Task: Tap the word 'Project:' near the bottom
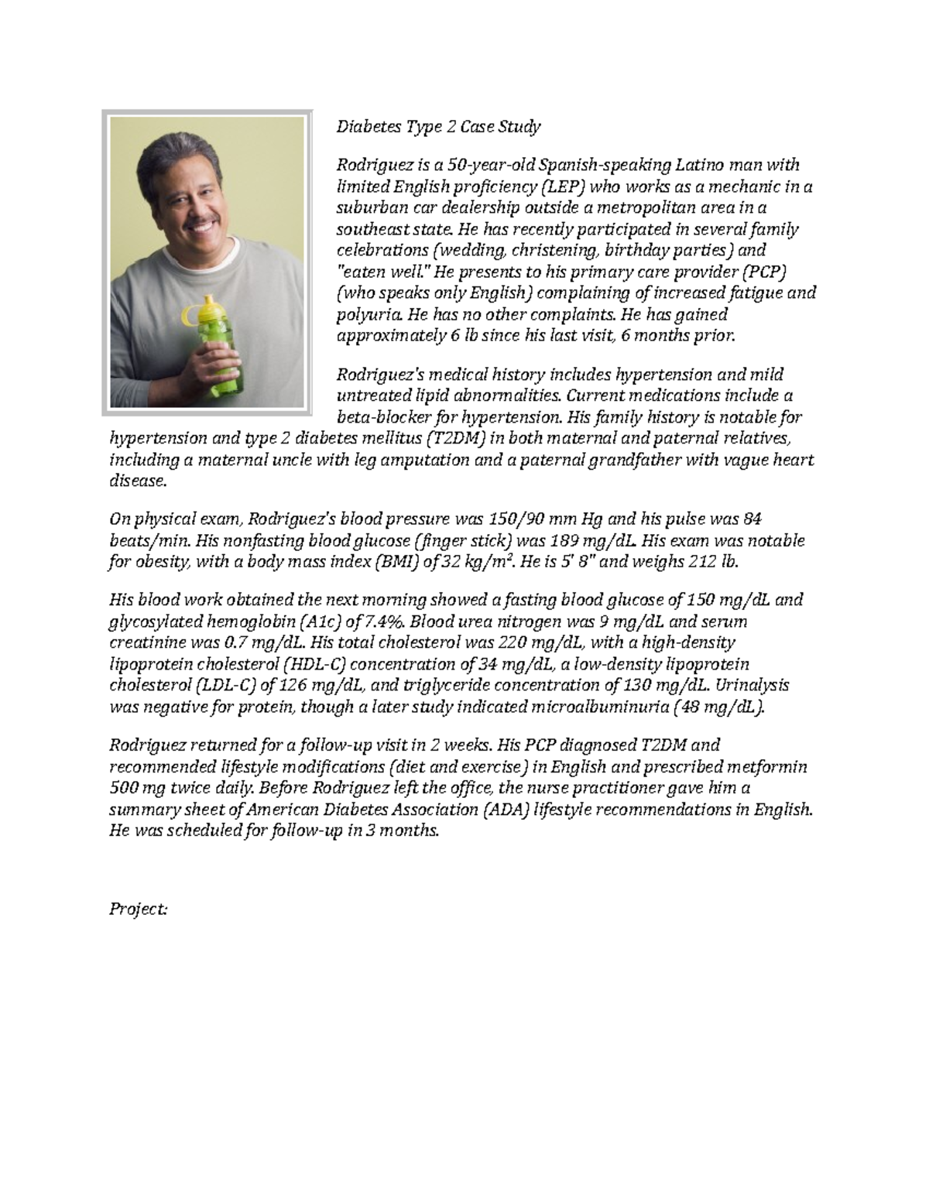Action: pyautogui.click(x=138, y=909)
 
